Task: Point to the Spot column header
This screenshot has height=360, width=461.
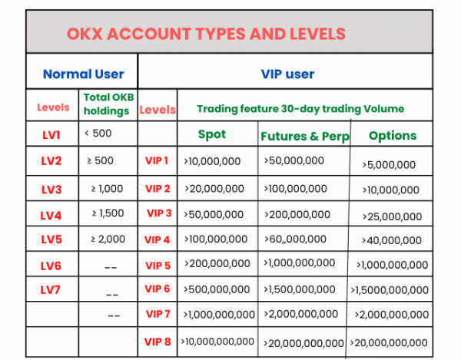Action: tap(212, 134)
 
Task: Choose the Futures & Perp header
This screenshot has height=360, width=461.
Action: tap(304, 136)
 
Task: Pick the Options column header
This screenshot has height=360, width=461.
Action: tap(392, 135)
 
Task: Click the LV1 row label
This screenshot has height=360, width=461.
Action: tap(52, 134)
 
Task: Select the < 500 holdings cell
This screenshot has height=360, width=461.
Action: tap(99, 134)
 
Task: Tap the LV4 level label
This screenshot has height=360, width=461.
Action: tap(52, 213)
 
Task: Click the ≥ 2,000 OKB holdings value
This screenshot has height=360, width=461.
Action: tap(108, 239)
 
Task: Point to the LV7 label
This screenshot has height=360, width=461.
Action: tap(52, 289)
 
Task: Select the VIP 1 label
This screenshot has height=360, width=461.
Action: tap(158, 161)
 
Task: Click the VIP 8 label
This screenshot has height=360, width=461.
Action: tap(158, 341)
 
